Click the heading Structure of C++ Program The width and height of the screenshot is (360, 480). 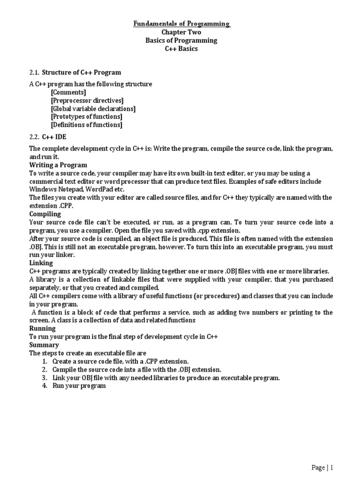82,72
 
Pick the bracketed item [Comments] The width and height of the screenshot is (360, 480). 68,92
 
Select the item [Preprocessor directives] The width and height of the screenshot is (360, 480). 87,100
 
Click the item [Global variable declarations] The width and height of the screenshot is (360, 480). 93,109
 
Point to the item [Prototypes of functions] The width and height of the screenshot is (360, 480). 87,117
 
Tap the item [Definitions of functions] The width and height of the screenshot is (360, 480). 87,125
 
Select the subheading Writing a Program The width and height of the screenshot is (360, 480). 58,165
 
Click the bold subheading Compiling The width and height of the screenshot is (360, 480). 45,214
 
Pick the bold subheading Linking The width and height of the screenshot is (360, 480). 41,263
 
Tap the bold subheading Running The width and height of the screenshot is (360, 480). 43,329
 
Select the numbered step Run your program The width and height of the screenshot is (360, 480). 79,386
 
